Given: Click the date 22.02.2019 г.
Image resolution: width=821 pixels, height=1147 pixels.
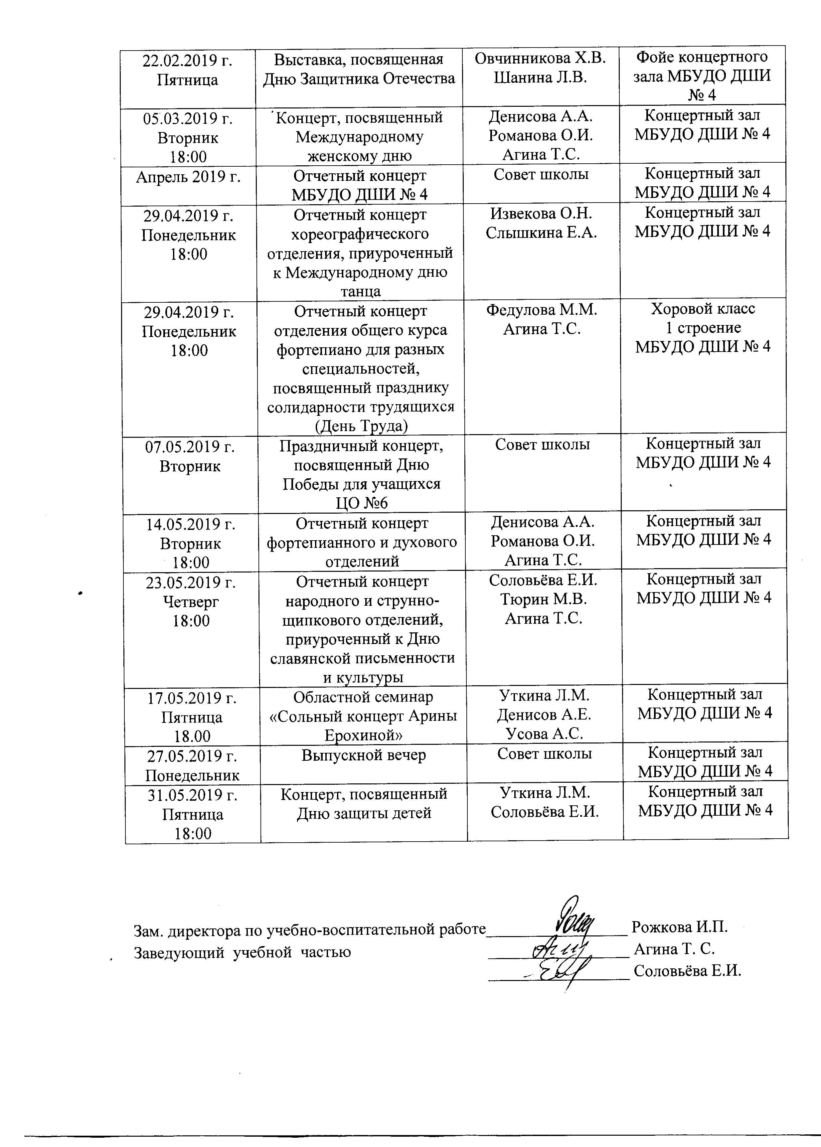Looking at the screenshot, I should [188, 61].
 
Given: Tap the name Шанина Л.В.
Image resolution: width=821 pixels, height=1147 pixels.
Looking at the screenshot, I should [540, 78].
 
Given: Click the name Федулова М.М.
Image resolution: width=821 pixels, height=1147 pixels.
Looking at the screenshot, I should [542, 310].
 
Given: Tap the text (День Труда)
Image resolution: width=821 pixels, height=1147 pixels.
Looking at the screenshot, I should [361, 426].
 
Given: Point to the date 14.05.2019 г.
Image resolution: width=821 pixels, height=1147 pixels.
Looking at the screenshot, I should [191, 525].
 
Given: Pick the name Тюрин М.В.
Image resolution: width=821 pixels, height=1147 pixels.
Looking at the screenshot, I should [544, 599].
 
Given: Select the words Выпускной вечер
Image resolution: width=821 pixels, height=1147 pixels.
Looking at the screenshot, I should [364, 755].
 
